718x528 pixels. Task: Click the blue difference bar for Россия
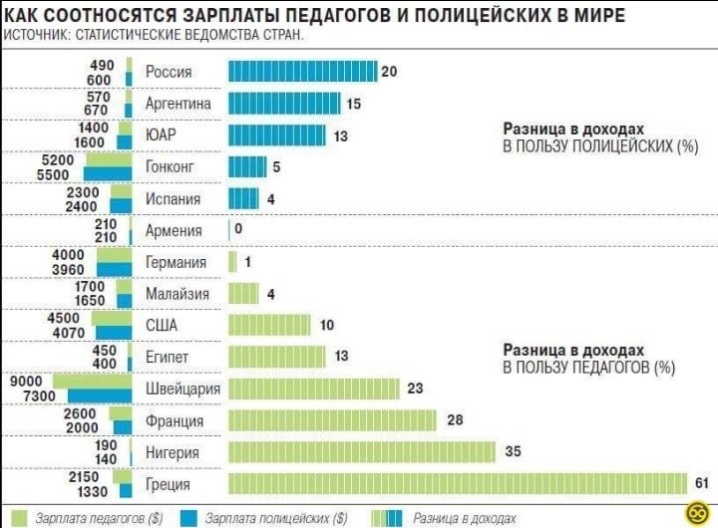point(302,72)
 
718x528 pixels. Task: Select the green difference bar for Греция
point(458,484)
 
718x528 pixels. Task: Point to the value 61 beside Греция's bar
point(701,484)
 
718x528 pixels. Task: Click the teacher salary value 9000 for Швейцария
point(26,380)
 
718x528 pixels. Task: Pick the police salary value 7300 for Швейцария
point(26,396)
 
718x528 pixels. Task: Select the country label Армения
point(174,230)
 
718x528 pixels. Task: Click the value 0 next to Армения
point(238,230)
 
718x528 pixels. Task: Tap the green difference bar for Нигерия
point(362,452)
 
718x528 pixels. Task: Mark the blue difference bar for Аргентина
point(284,104)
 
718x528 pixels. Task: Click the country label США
point(162,325)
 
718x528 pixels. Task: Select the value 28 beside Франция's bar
point(455,420)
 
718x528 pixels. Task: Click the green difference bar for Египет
point(277,357)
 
